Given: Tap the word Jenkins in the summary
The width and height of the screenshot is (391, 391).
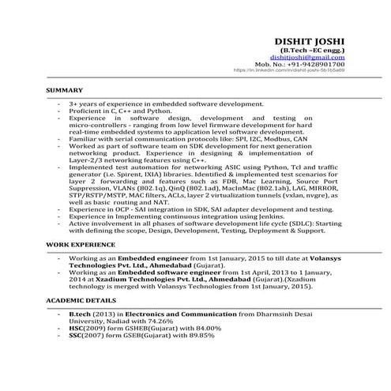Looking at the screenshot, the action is tap(283, 216).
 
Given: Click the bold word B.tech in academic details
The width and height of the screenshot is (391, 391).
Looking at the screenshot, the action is tap(81, 314).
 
